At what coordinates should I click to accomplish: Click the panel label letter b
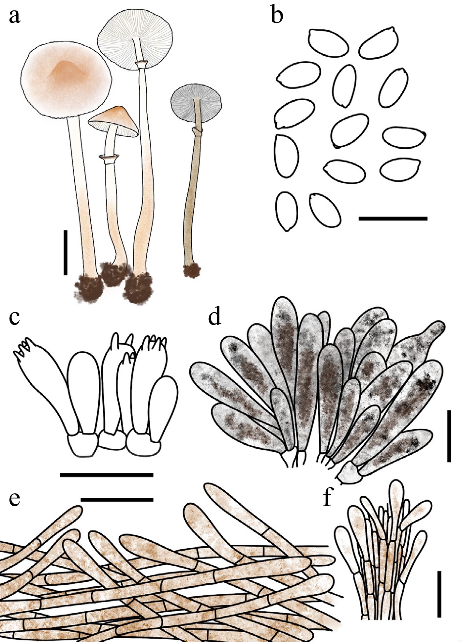pos(277,14)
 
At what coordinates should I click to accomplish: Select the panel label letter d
pos(215,316)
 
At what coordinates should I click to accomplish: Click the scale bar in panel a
pos(66,252)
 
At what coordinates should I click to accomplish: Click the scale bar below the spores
pos(393,218)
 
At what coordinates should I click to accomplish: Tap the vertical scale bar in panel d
pos(449,436)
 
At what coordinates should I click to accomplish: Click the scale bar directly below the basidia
pos(107,475)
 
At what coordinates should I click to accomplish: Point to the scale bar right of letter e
pos(117,499)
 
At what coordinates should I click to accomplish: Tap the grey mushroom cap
pos(197,104)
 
